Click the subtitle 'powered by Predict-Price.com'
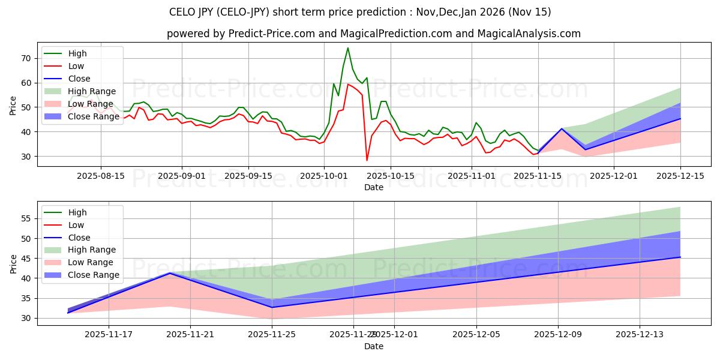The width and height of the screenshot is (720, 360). point(373,34)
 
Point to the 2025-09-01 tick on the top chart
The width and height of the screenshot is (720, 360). point(182,176)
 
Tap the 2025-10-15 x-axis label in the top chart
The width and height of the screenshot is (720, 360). point(390,176)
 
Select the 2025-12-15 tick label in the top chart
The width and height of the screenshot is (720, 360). point(680,176)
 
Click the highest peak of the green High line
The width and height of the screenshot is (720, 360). point(348,48)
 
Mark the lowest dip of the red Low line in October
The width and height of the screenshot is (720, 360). point(367,160)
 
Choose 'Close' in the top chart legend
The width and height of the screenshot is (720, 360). point(79,79)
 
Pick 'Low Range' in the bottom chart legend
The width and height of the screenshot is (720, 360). point(91,262)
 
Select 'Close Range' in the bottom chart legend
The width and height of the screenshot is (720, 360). point(94,275)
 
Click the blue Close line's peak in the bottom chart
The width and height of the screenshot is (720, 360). point(170,273)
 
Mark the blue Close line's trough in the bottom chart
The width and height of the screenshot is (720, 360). point(272,307)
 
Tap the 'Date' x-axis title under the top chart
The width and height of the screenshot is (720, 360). point(373,187)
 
